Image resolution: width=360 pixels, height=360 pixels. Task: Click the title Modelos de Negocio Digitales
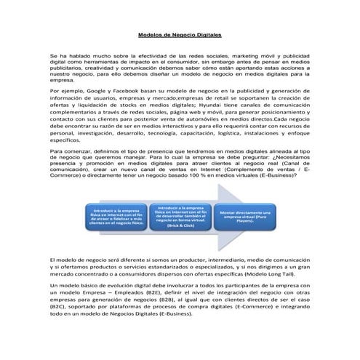point(180,34)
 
